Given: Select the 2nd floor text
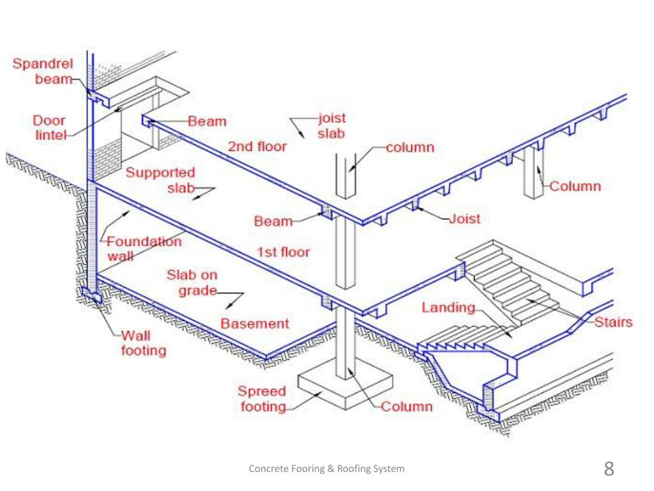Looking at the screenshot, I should pos(257,146).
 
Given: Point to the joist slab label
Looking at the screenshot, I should pos(331,125).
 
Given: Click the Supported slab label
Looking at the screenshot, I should pos(160,180).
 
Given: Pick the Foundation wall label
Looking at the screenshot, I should pos(143,249).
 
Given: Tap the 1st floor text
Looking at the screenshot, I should pos(283,252).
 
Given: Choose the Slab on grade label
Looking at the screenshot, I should pos(192,283).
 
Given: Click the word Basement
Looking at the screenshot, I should pos(255,323).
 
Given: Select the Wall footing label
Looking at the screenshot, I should pos(143,343).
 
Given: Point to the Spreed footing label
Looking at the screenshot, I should pos(262,398).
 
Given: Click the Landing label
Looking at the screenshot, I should pos(448,308).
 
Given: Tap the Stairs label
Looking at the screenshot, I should pos(614,322).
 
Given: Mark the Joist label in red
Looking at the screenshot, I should pos(464,219).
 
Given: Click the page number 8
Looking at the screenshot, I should pos(609,468).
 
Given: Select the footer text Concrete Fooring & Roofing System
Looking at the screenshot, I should pos(326,469).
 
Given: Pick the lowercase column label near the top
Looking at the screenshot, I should pos(410,148).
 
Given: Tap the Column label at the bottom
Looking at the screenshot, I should pos(407,406).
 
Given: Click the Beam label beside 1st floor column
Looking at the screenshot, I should pos(273,222).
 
